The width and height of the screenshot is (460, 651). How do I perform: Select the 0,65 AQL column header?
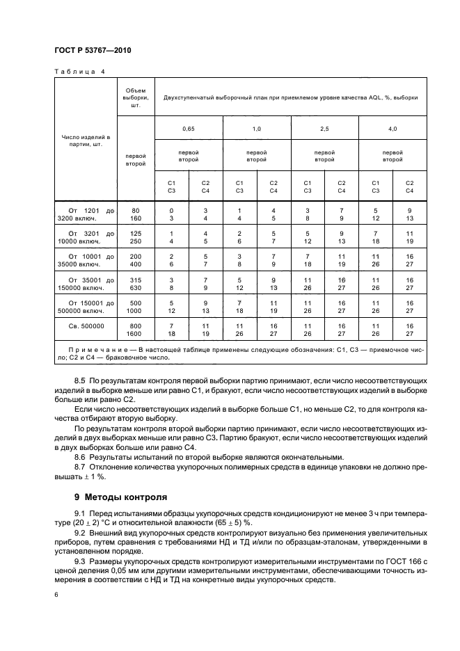tap(188, 129)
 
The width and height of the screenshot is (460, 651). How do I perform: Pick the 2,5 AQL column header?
tap(324, 129)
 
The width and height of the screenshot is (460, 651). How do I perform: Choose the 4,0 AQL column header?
tap(392, 129)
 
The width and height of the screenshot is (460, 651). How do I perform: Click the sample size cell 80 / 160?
tap(136, 214)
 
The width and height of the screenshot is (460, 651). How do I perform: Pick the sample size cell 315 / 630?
tap(136, 282)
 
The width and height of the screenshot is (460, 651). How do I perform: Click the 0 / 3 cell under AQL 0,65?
tap(171, 214)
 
